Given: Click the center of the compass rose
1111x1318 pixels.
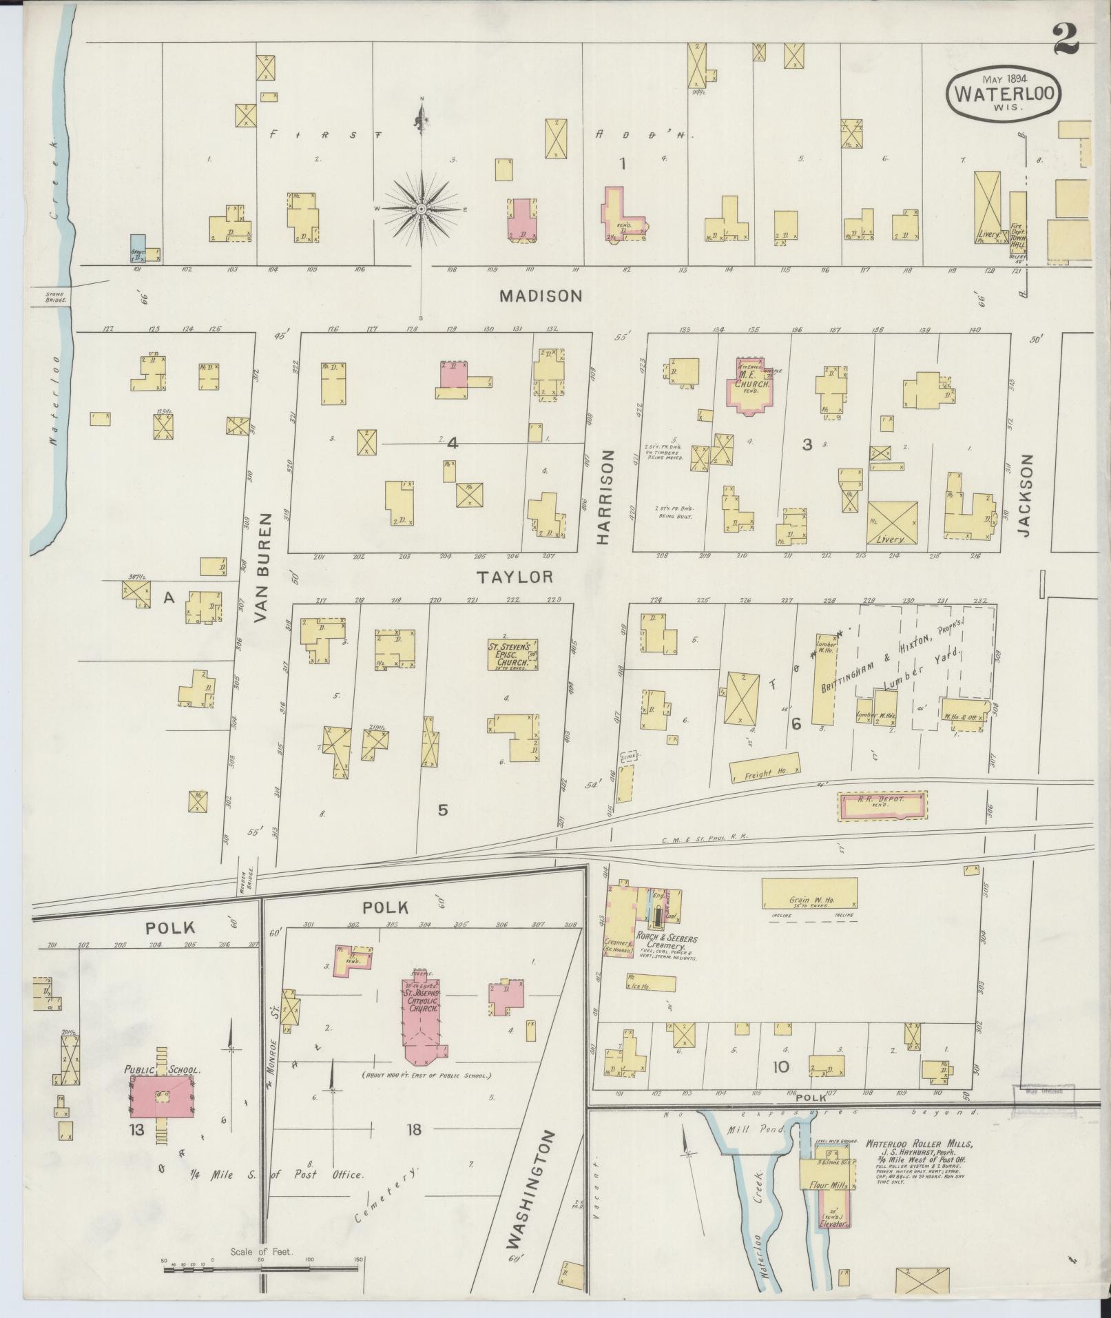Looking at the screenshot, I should (x=420, y=208).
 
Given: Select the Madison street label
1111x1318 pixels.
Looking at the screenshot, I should (x=541, y=296).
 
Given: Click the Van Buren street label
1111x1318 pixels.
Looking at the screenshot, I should (x=264, y=567).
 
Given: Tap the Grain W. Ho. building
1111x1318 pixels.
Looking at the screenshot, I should (x=809, y=894).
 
